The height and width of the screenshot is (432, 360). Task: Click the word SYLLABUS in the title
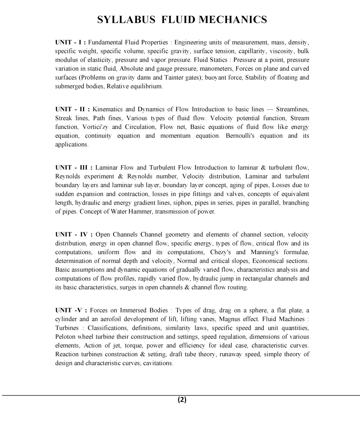point(126,20)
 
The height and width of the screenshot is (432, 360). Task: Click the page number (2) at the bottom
point(182,400)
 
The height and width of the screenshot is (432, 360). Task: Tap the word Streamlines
point(293,109)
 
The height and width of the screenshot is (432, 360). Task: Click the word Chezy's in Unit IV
point(220,252)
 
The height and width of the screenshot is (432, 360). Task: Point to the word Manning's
point(265,252)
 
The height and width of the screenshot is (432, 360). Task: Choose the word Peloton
point(66,337)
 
